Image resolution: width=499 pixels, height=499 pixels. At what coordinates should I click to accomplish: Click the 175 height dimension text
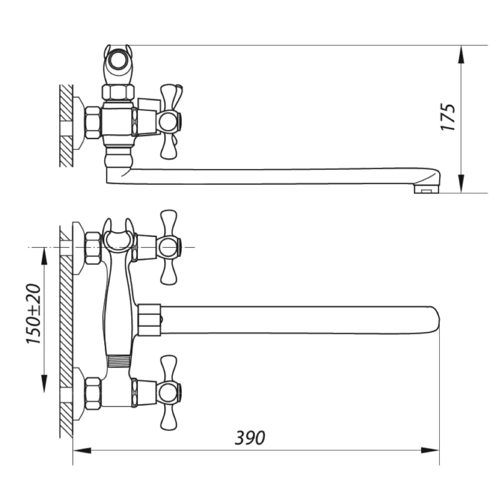tap(448, 117)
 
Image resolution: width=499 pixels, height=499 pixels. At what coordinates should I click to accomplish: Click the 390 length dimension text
tap(250, 438)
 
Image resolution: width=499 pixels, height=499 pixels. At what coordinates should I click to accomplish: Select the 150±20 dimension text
tap(34, 314)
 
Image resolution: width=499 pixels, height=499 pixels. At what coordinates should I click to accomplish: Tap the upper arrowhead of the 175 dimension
tap(461, 55)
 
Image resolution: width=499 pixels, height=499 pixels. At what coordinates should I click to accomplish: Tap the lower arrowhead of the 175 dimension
tap(461, 183)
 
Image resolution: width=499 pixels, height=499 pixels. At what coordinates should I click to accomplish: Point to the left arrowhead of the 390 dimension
tap(82, 450)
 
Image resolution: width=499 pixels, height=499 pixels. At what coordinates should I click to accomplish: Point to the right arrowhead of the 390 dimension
tap(430, 450)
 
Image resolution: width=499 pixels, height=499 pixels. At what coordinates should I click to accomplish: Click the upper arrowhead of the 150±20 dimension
tap(44, 256)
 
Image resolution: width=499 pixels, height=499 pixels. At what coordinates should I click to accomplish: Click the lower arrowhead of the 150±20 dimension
tap(44, 384)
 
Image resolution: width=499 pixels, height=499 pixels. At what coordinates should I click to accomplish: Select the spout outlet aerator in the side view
tap(427, 189)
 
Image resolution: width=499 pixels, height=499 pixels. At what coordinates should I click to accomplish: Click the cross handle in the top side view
tap(170, 122)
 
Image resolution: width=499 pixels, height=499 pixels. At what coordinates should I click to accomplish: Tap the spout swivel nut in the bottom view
tap(149, 320)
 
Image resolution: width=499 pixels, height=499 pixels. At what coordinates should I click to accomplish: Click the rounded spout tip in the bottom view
tap(433, 320)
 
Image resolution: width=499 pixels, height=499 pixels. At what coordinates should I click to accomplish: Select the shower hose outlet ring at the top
tap(118, 61)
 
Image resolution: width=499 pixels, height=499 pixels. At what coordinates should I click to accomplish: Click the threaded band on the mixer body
tap(119, 362)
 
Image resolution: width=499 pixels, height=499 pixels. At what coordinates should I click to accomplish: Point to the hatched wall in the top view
tap(66, 126)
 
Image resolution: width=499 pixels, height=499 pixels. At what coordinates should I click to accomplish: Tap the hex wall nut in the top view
tap(93, 122)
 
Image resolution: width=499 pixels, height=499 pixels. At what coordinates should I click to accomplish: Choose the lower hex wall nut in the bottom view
tap(93, 393)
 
